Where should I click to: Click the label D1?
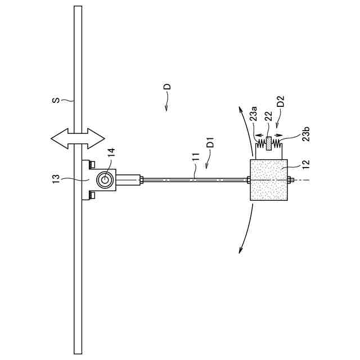(210, 141)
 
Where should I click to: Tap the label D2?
(281, 102)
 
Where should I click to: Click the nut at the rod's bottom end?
(291, 180)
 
